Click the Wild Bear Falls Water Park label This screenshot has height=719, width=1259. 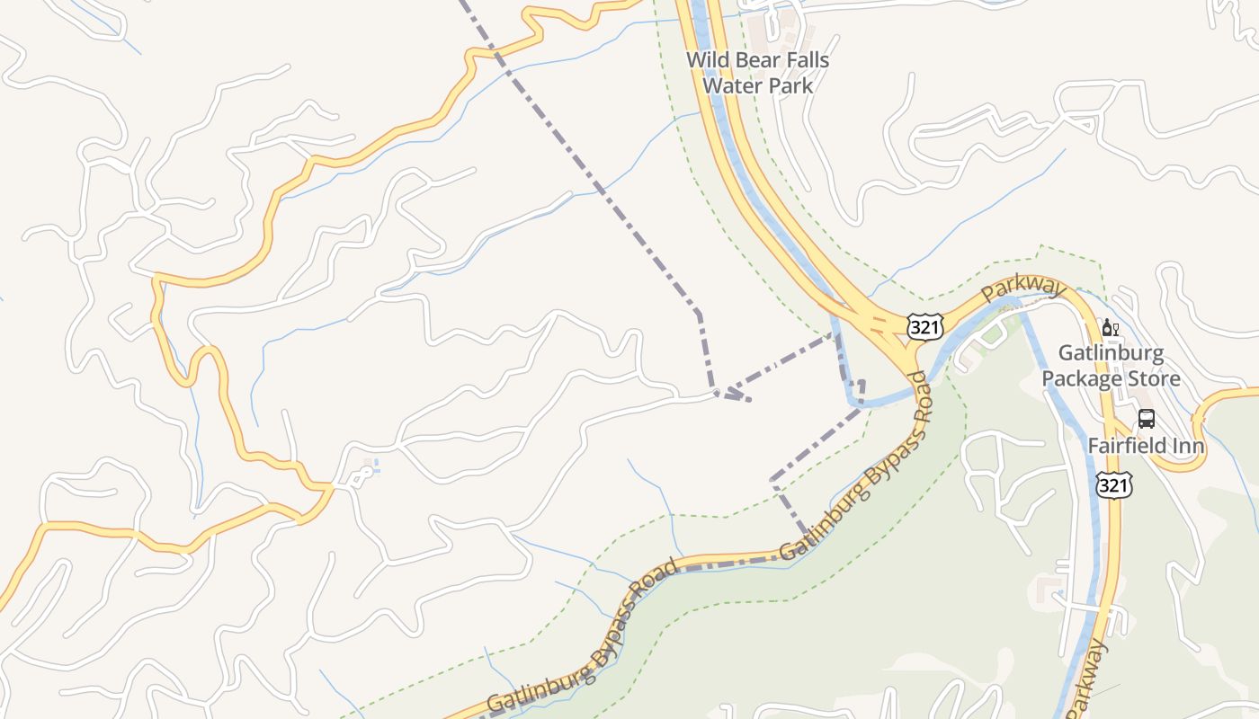pyautogui.click(x=757, y=73)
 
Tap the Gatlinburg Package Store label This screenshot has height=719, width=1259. pyautogui.click(x=1111, y=366)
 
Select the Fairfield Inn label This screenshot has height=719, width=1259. pyautogui.click(x=1146, y=446)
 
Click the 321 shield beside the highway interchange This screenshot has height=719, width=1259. pyautogui.click(x=924, y=327)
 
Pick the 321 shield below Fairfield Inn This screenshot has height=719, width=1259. pyautogui.click(x=1113, y=485)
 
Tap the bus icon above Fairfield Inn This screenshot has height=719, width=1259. pyautogui.click(x=1147, y=418)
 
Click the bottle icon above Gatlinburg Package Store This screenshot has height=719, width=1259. pyautogui.click(x=1110, y=328)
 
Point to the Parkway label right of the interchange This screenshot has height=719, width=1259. pyautogui.click(x=1023, y=290)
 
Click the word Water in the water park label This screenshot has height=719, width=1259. pyautogui.click(x=727, y=86)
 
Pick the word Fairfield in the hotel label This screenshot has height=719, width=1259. pyautogui.click(x=1127, y=446)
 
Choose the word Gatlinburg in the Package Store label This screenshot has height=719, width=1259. pyautogui.click(x=1111, y=353)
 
